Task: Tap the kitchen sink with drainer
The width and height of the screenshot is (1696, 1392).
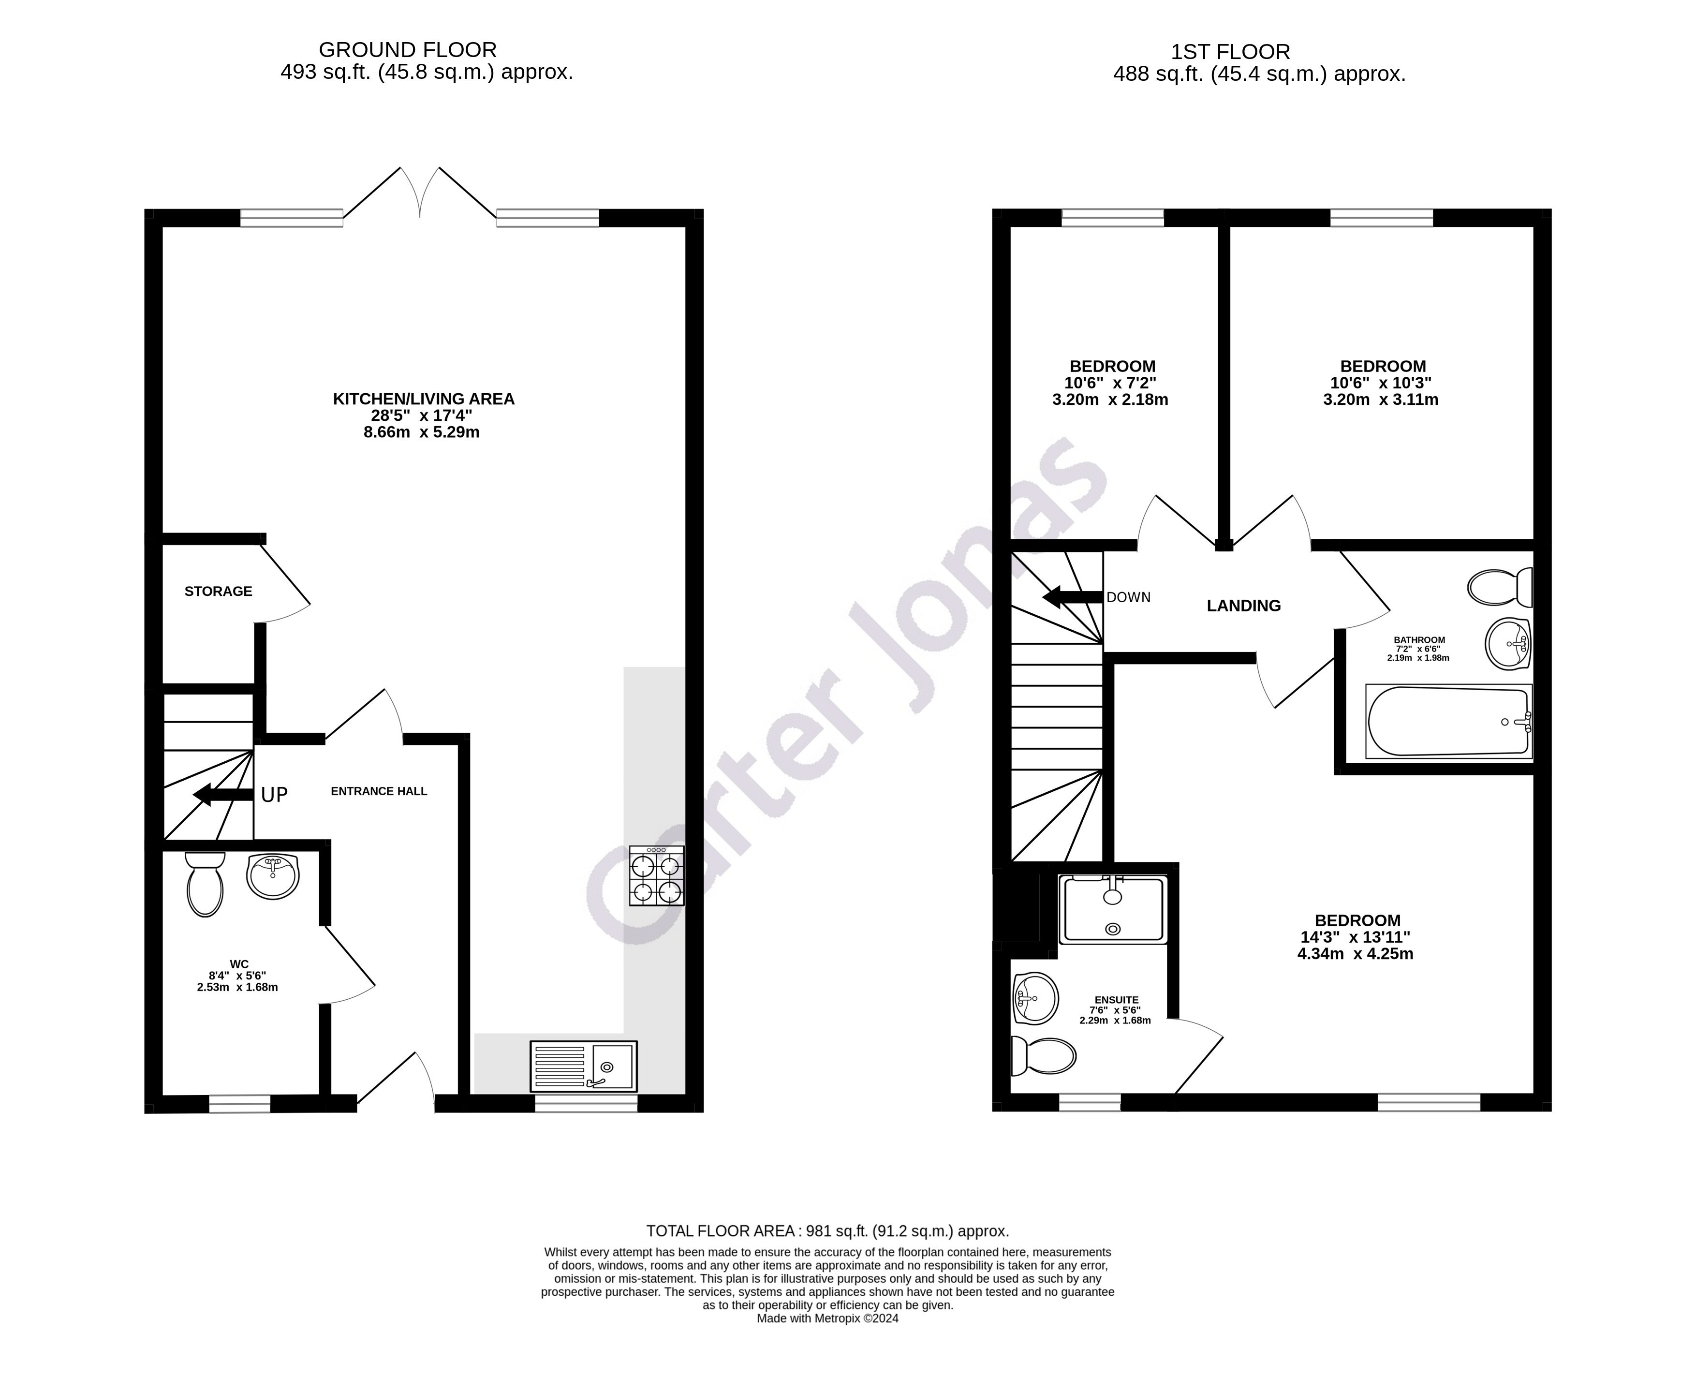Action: [x=584, y=1066]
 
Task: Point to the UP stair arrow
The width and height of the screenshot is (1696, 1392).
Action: [x=223, y=795]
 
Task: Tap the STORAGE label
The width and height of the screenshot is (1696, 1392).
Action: [x=218, y=591]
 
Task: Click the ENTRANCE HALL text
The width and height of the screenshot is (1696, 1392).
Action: [x=379, y=791]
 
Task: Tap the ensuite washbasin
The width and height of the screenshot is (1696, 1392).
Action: [x=1035, y=998]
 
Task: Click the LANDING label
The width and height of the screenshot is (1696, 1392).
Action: [x=1243, y=606]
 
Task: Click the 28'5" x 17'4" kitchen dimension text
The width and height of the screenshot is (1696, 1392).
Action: [x=422, y=415]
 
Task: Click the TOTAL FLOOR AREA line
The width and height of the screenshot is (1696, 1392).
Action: [x=827, y=1231]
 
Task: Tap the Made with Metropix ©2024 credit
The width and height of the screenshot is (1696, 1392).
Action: [x=827, y=1318]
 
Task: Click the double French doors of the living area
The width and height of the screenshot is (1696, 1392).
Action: [x=420, y=193]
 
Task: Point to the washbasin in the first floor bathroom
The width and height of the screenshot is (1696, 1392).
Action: [x=1508, y=643]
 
